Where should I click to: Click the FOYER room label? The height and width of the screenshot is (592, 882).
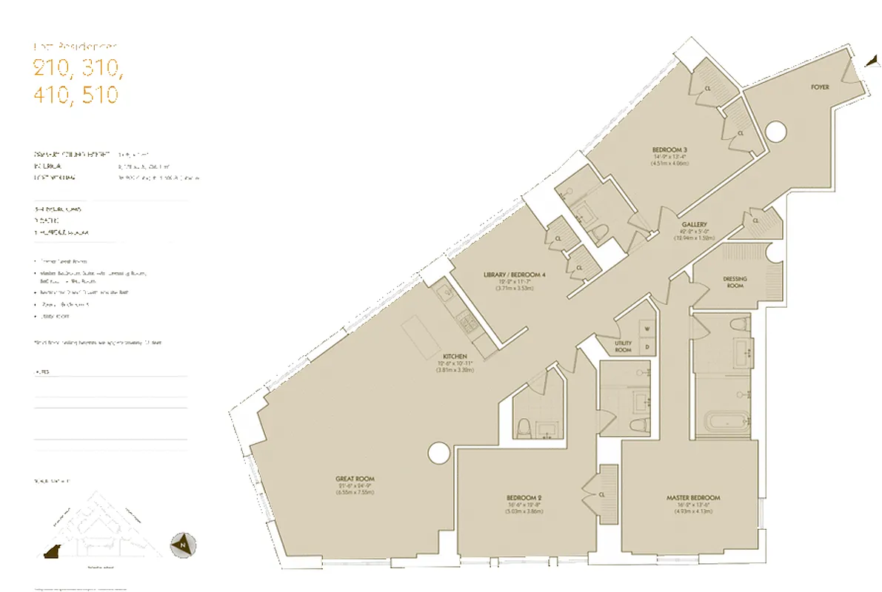[819, 87]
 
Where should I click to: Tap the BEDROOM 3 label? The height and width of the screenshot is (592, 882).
[669, 150]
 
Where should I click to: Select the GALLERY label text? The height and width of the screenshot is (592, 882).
[695, 224]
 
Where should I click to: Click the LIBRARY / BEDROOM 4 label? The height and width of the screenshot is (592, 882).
[514, 275]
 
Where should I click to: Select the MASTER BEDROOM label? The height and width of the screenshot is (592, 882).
[692, 498]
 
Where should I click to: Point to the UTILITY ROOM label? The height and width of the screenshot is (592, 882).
[623, 346]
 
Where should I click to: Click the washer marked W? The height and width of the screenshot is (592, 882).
[646, 329]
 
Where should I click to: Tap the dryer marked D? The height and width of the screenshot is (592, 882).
[646, 346]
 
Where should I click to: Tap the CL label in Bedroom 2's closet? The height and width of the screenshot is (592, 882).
[602, 495]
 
